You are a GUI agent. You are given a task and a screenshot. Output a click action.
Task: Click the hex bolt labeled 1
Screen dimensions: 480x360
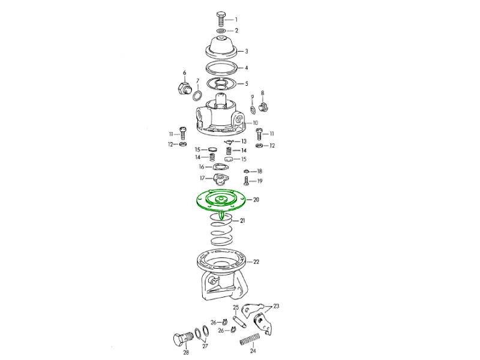click(x=221, y=19)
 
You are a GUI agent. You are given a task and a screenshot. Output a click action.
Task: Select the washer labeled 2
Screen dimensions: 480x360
click(x=221, y=31)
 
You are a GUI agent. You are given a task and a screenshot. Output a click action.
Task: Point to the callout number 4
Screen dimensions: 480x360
click(x=246, y=68)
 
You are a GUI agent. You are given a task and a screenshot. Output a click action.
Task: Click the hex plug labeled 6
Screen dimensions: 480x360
click(x=184, y=88)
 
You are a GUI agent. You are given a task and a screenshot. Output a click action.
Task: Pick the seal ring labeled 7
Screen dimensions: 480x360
click(x=197, y=95)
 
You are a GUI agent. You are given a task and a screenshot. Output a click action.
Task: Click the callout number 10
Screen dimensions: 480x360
click(x=256, y=123)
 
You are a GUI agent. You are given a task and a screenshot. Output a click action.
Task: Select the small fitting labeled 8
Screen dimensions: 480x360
click(x=263, y=107)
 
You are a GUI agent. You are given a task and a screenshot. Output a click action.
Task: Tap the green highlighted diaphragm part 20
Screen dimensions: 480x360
click(x=221, y=202)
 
